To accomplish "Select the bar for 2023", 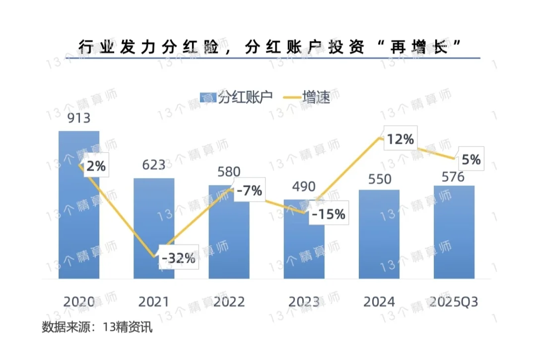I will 304,243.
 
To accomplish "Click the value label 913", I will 79,118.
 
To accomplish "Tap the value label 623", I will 153,164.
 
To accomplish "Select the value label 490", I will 304,187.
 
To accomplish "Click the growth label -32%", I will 179,258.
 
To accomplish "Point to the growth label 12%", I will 401,140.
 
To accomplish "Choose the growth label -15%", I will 328,214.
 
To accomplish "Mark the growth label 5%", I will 471,159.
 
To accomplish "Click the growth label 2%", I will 96,166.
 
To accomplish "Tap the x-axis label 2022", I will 229,302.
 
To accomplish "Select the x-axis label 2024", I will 379,302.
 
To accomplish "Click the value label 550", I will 379,179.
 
